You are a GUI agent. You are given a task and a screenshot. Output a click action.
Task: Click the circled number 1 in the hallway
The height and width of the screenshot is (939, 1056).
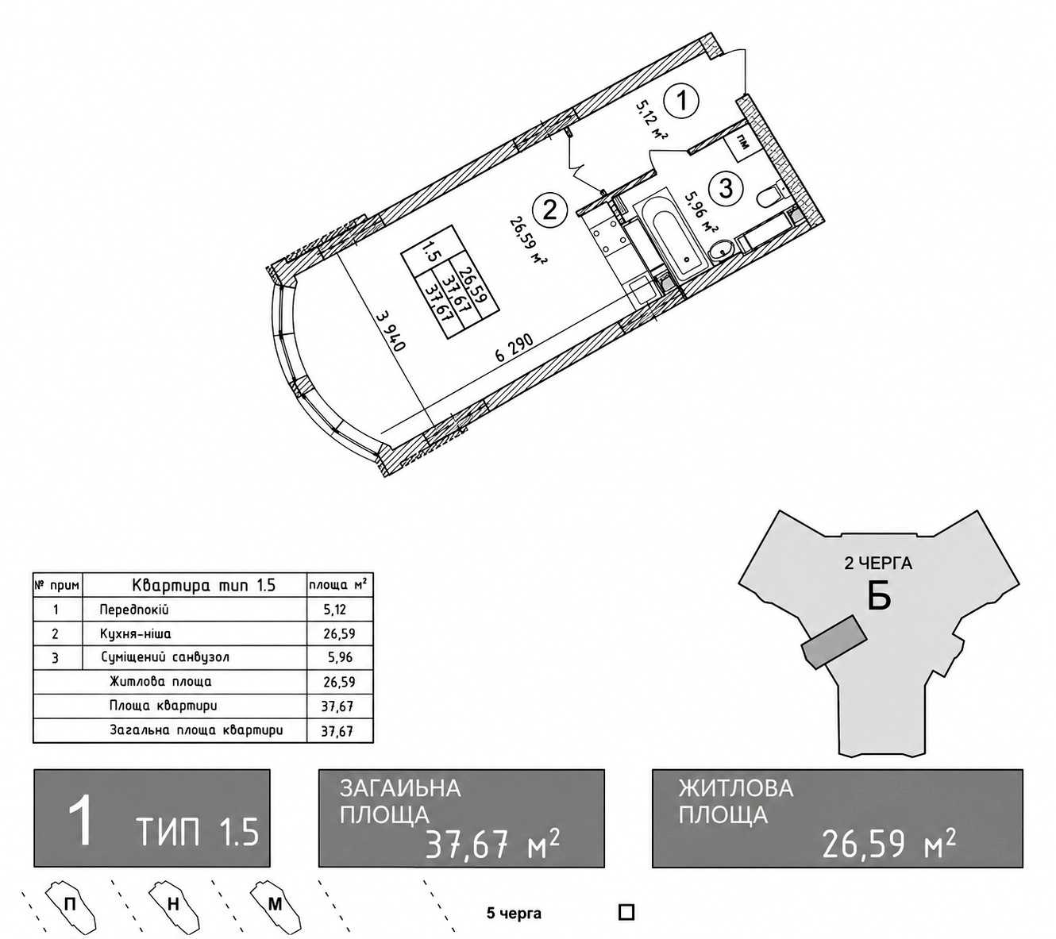pyautogui.click(x=682, y=101)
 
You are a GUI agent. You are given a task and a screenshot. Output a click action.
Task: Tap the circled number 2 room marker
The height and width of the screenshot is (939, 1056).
pyautogui.click(x=549, y=211)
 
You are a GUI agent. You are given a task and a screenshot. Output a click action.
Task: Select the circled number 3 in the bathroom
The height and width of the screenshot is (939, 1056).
pyautogui.click(x=726, y=187)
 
